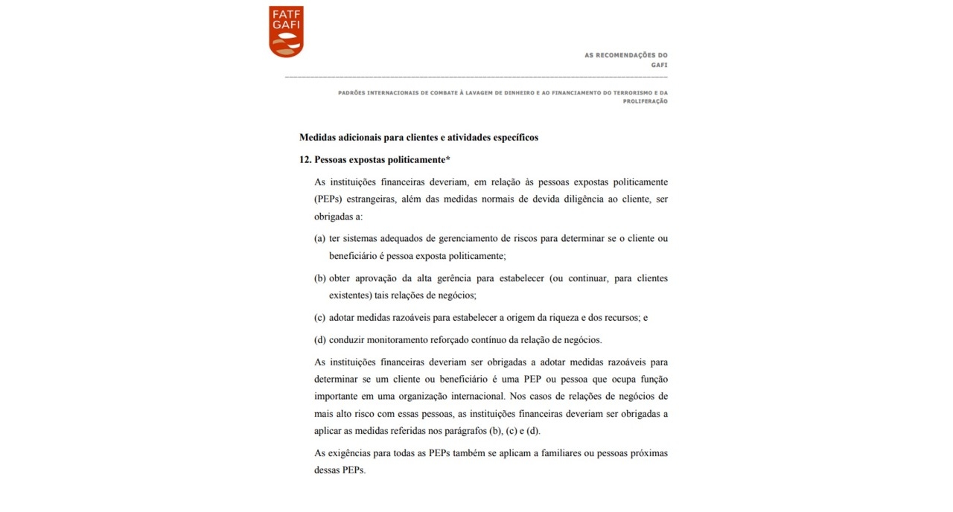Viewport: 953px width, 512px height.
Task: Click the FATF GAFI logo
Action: click(x=286, y=31)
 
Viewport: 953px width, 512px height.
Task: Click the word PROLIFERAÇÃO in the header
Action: click(x=645, y=101)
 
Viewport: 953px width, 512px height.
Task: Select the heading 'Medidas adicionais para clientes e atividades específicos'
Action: click(x=418, y=138)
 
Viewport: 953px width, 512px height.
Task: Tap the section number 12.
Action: click(x=305, y=160)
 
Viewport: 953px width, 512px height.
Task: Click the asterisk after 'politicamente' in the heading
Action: click(x=448, y=159)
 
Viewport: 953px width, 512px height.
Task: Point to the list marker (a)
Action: click(x=320, y=238)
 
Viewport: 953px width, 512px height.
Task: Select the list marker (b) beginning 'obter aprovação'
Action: click(x=320, y=278)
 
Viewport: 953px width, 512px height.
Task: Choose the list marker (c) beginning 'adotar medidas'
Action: click(x=320, y=318)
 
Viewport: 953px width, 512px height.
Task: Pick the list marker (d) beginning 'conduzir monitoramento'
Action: click(x=320, y=340)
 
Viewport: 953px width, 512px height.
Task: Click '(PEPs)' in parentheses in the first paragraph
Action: click(x=329, y=199)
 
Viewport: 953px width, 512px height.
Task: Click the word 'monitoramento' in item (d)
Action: click(x=407, y=340)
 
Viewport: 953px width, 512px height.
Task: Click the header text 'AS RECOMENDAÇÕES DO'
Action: click(x=626, y=55)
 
